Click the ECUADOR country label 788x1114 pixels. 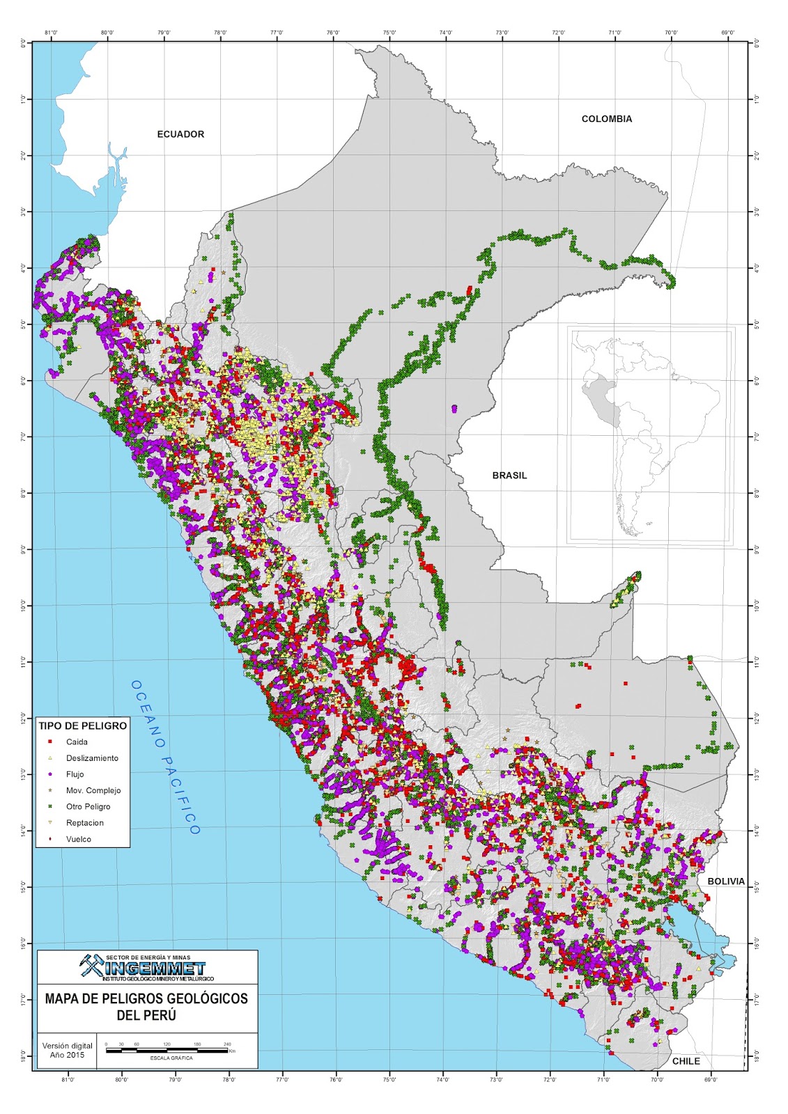coord(180,134)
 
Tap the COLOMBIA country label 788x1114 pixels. coord(607,119)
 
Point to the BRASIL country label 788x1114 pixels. coord(509,476)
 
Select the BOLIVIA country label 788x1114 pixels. coord(726,881)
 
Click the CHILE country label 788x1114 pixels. coord(686,1061)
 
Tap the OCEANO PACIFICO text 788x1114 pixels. coord(165,757)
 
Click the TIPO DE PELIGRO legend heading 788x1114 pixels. coord(83,725)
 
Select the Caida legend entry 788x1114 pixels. coord(77,742)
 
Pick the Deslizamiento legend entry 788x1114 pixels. coord(92,758)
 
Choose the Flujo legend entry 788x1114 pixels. coord(75,774)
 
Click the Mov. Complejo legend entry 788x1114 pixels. coord(93,790)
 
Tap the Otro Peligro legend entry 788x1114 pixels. coord(88,806)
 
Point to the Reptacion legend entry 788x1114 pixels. coord(84,823)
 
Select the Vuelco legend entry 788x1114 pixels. coord(78,839)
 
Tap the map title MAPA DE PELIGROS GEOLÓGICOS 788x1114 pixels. coord(146,998)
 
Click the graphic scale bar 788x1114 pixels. coord(167,1050)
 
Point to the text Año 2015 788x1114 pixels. coord(67,1055)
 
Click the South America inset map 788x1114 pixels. coord(650,434)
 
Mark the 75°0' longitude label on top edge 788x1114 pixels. coord(389,32)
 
